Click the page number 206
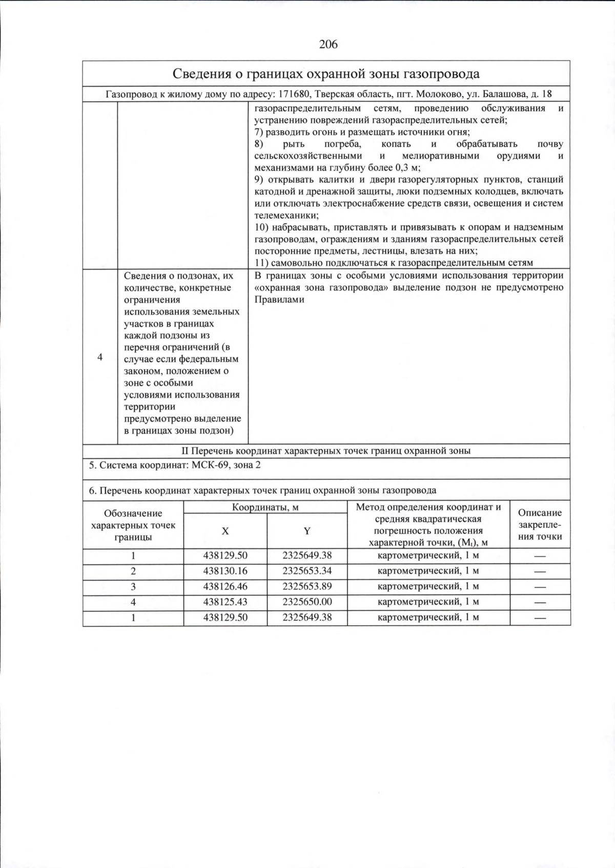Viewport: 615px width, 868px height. (x=328, y=45)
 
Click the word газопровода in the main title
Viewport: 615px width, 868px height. (x=441, y=74)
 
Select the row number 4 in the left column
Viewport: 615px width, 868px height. (x=100, y=357)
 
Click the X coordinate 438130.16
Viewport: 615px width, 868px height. (x=225, y=571)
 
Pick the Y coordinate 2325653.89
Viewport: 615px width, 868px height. (x=307, y=586)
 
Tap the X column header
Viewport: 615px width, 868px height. (x=225, y=531)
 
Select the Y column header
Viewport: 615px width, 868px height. (x=307, y=531)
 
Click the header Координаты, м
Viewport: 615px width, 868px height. (x=265, y=507)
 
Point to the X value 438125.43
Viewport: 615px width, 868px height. (x=225, y=602)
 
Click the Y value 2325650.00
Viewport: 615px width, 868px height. (x=307, y=602)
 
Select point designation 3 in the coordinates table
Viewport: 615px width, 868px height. (x=133, y=586)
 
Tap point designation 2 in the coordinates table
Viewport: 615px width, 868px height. (x=133, y=571)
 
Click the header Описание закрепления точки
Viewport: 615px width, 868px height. (x=540, y=524)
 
